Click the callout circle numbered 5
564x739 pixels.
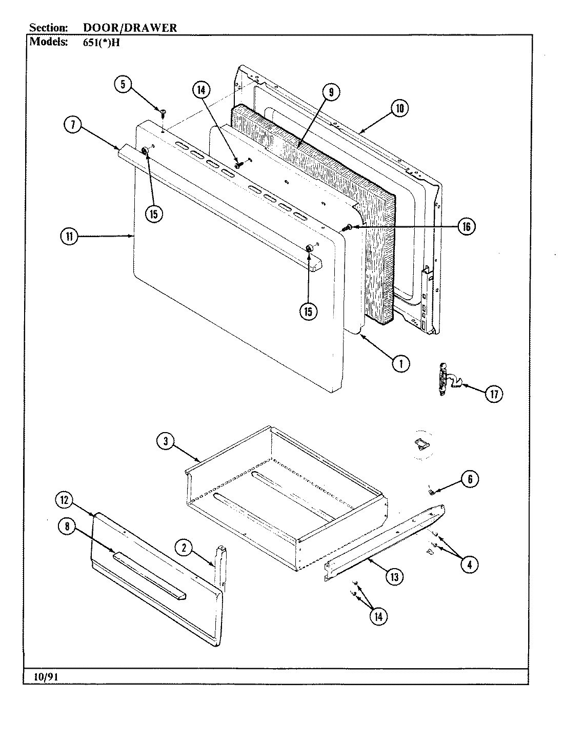coord(123,84)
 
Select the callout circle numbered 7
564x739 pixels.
coord(73,126)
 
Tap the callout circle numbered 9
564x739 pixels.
coord(331,92)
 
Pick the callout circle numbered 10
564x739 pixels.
coord(400,108)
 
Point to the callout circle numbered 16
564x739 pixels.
coord(466,226)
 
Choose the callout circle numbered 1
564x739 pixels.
coord(401,363)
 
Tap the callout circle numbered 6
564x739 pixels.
coord(470,479)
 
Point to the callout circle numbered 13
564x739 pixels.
coord(394,577)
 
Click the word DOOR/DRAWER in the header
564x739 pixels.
coord(130,28)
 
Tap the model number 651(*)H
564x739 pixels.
coord(101,43)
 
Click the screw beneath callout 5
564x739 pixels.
coord(163,111)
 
